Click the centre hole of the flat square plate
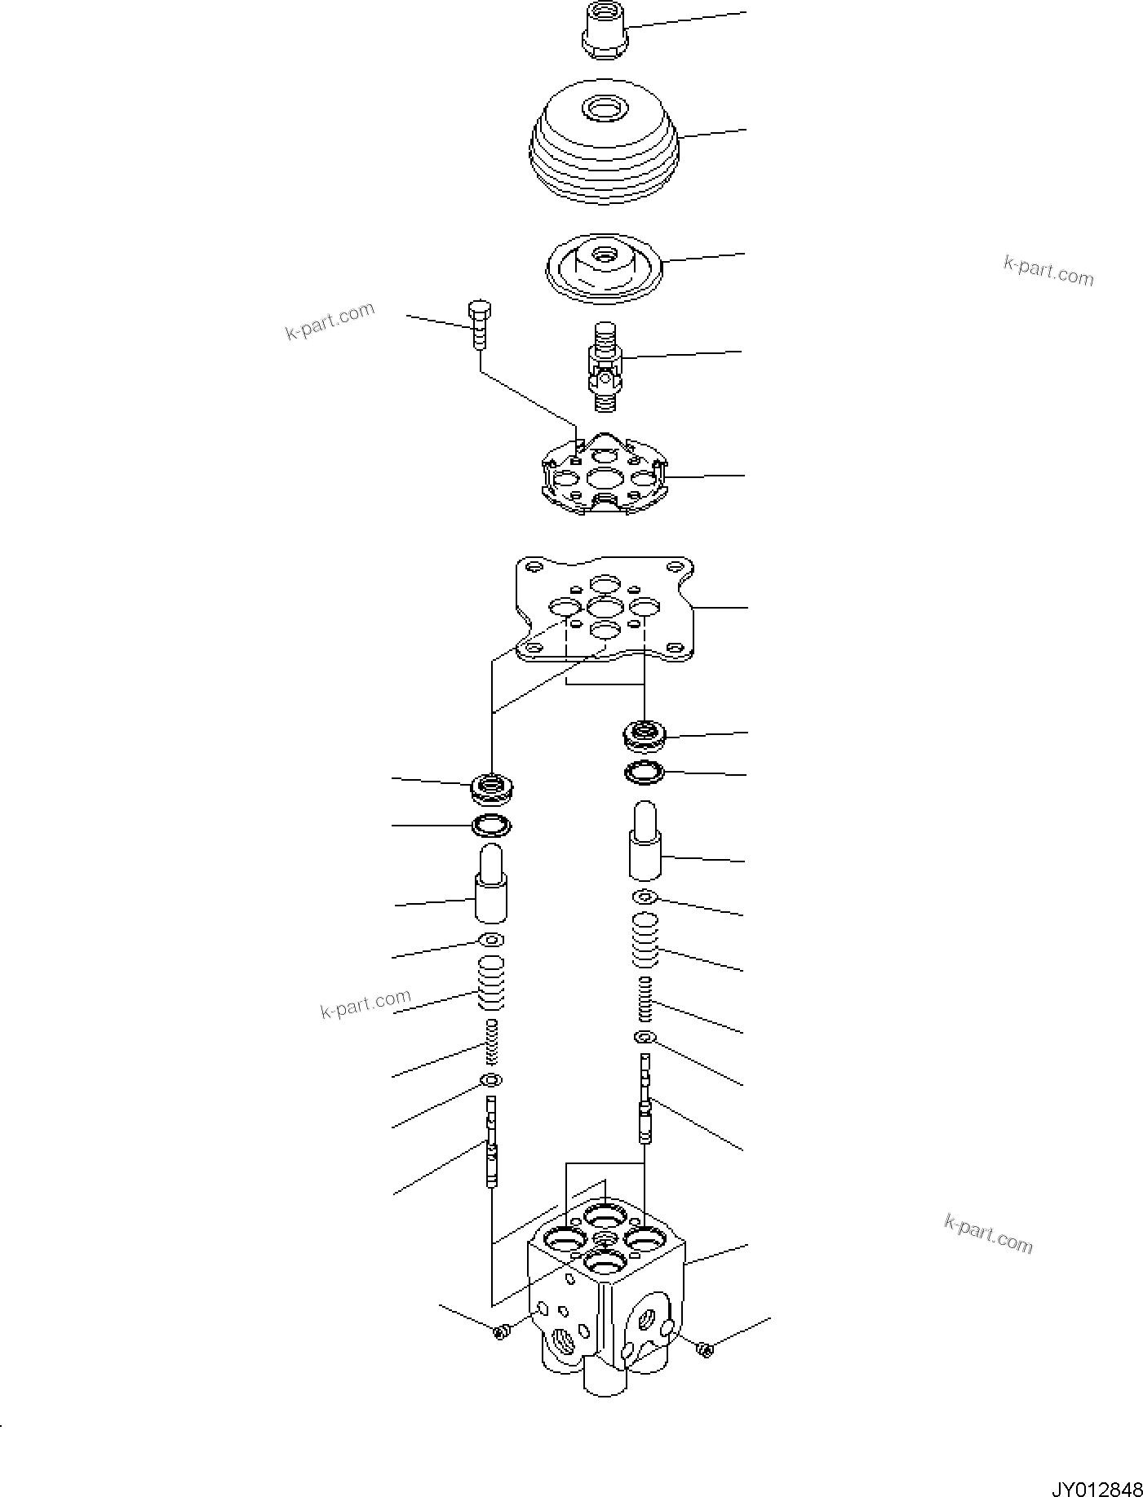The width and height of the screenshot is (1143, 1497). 604,608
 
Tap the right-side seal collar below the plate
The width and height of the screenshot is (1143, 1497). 645,735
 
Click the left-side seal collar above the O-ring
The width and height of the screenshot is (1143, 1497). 492,788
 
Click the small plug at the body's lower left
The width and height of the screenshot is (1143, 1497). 501,1332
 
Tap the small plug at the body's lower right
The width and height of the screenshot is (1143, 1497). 706,1349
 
